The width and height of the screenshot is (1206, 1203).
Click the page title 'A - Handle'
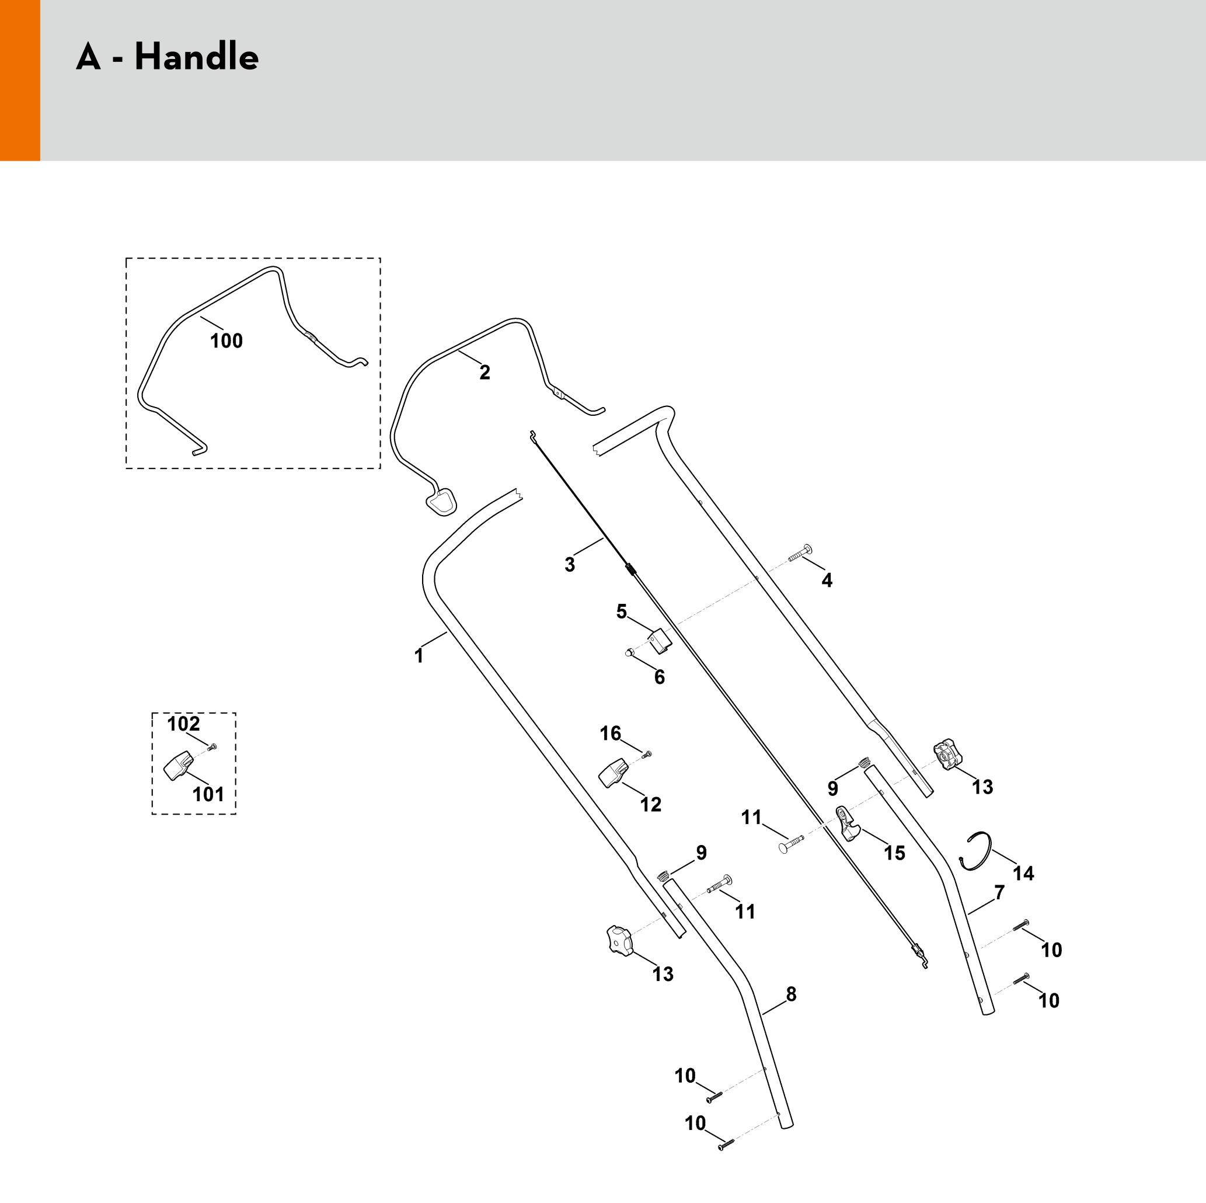point(168,57)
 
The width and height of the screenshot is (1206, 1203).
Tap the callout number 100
point(226,341)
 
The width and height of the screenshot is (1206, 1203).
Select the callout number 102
point(183,724)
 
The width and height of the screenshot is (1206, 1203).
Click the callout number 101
point(208,794)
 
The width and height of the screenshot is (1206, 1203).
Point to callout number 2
point(485,373)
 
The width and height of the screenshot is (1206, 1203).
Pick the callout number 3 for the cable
point(570,565)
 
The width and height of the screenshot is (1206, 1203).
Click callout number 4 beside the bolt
point(827,581)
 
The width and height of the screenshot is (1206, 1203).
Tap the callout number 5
point(622,611)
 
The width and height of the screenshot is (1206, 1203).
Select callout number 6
point(660,677)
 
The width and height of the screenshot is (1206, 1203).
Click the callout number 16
point(611,733)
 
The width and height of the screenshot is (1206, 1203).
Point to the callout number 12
point(650,805)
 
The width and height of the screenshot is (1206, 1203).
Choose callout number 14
point(1024,873)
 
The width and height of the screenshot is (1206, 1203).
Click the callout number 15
point(894,853)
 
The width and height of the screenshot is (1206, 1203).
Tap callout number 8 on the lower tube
point(792,995)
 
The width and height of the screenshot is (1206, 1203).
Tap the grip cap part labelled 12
point(612,773)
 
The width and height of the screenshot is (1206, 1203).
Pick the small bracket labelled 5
point(660,641)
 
